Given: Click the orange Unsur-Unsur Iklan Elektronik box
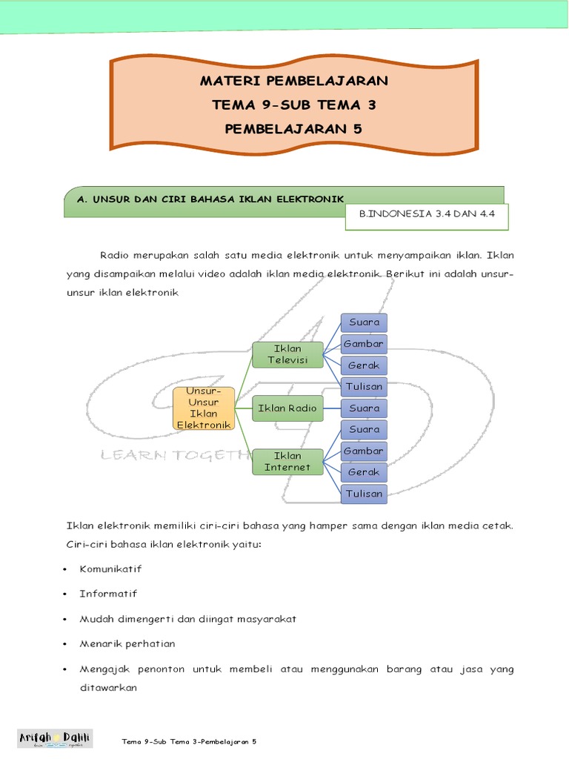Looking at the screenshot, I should click(204, 408).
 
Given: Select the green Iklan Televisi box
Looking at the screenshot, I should click(287, 354).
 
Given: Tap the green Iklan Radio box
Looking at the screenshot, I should click(287, 408).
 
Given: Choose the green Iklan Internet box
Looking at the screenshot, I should click(287, 462).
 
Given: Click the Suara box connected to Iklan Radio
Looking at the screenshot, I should click(364, 408).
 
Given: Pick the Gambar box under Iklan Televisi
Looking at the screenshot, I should click(364, 344).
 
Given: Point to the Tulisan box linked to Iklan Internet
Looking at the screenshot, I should click(364, 494).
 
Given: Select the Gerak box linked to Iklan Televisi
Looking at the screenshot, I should click(364, 365).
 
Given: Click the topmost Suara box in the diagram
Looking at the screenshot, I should click(364, 322).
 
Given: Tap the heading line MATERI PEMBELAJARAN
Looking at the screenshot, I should click(293, 81).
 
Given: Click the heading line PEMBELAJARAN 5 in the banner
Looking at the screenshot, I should click(293, 129).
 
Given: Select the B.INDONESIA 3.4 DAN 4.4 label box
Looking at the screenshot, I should click(426, 214).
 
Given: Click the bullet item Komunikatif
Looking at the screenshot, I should click(111, 569).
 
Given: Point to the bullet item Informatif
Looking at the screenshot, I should click(108, 594).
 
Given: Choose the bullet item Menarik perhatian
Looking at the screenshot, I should click(127, 643).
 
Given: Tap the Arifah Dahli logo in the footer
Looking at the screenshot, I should click(55, 738).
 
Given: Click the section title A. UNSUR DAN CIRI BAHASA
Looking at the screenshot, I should click(211, 199).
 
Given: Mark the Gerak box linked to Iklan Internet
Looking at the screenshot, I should click(364, 472).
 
